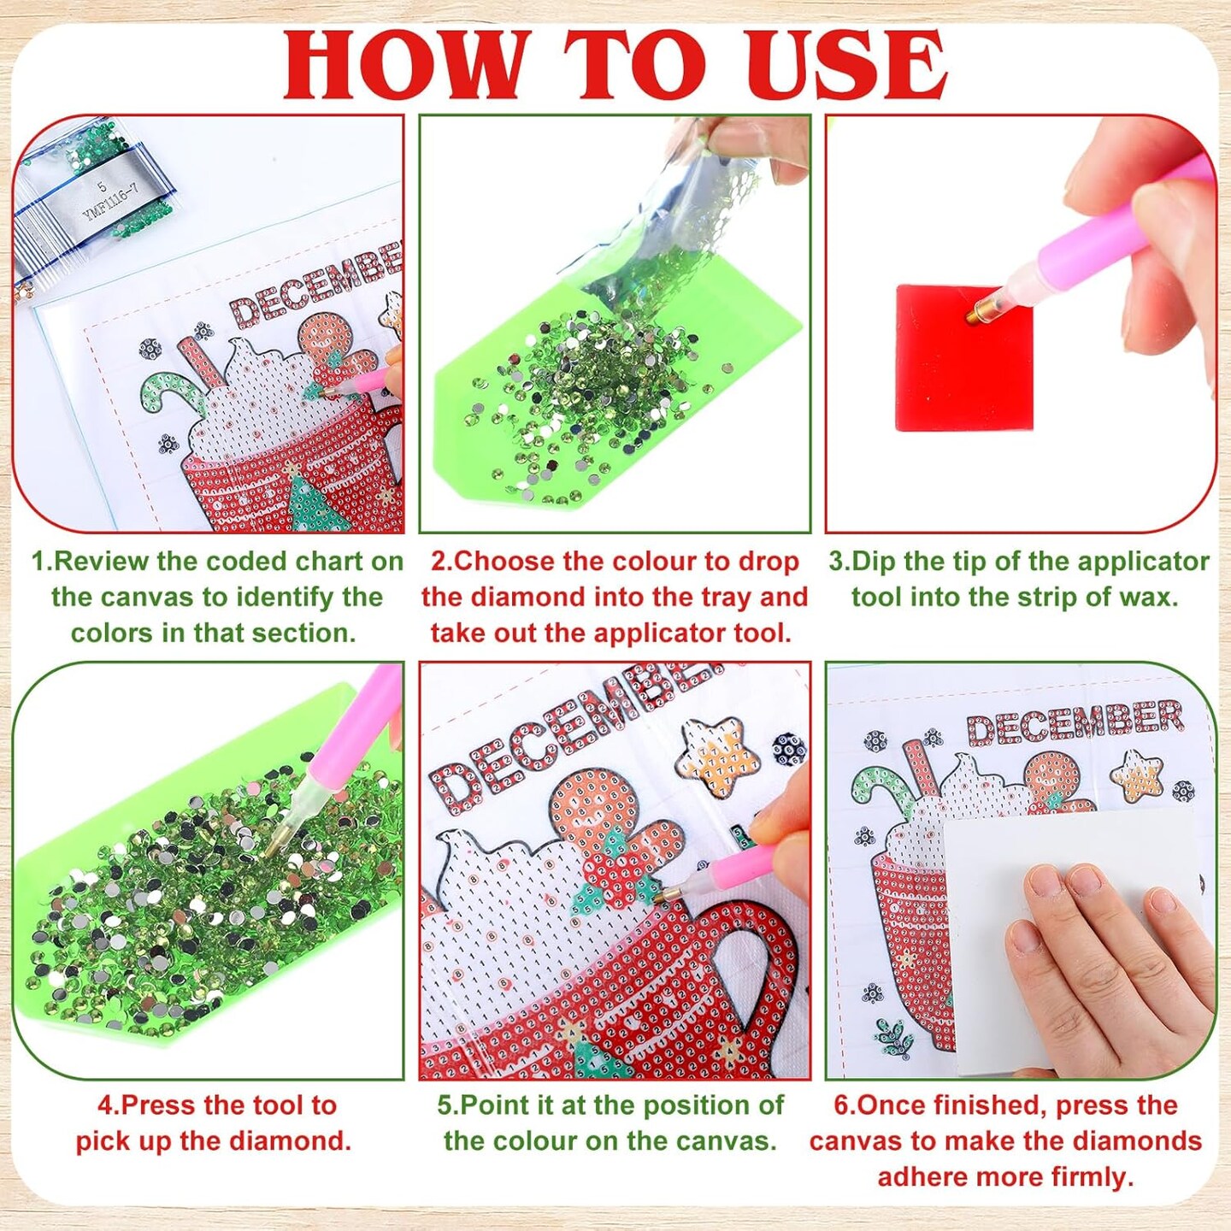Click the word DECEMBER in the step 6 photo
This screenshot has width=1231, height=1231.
click(x=1075, y=722)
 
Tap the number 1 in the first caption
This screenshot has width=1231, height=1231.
click(x=38, y=562)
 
